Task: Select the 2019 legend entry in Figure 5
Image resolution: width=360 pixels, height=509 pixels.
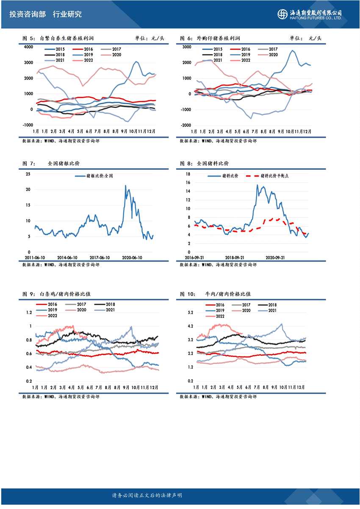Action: [x=83, y=55]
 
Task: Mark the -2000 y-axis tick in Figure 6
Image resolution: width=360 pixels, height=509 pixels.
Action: [x=186, y=125]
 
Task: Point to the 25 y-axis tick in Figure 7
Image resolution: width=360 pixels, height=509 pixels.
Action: [x=28, y=174]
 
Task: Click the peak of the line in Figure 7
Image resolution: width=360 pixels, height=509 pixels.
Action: [x=125, y=185]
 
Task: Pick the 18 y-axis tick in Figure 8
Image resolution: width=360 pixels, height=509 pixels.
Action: [x=188, y=174]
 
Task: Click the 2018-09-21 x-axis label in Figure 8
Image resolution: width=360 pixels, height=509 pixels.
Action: [x=235, y=257]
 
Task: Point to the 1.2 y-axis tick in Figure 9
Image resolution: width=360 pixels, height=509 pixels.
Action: [x=29, y=313]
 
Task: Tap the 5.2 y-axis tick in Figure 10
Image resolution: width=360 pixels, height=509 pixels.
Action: [x=190, y=313]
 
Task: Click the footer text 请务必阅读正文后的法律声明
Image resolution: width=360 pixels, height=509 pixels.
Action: [x=147, y=495]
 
